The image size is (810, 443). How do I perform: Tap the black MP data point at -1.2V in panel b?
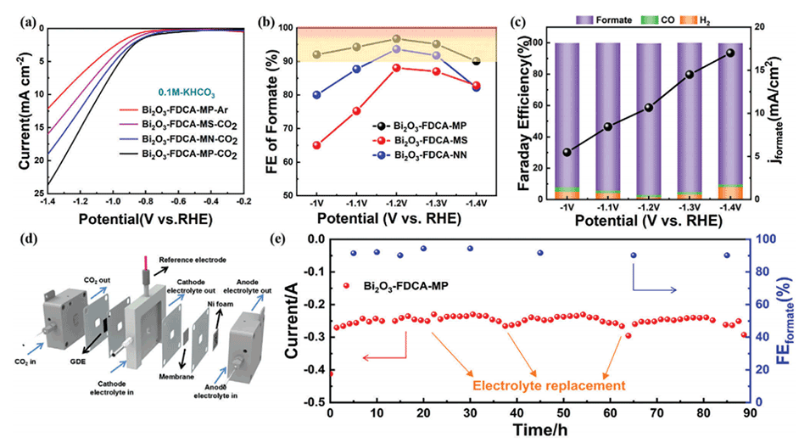pos(396,39)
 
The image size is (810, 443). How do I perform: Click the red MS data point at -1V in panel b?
pos(316,145)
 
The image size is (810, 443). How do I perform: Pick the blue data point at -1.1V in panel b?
pos(356,70)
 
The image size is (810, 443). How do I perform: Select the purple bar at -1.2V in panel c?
pos(649,119)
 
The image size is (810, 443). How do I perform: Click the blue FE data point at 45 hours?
pos(540,253)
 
